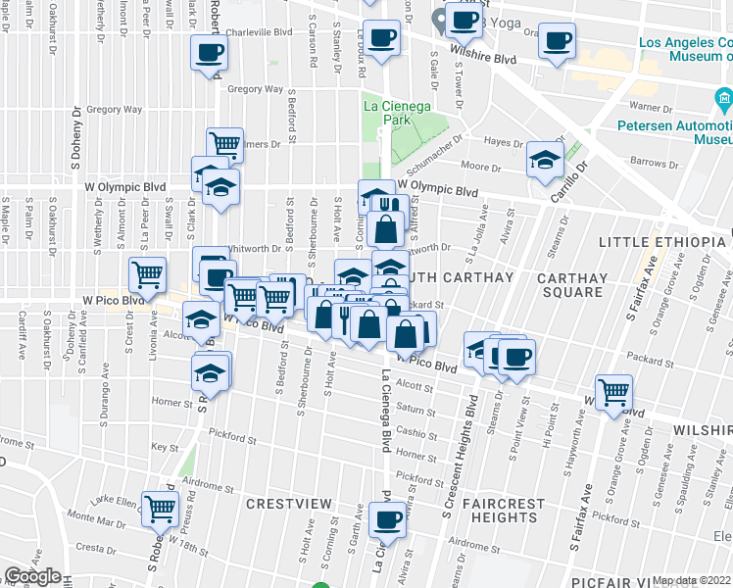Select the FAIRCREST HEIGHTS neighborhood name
pos(503,511)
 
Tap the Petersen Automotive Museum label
pos(674,132)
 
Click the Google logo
pos(32,576)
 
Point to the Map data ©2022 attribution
pos(692,580)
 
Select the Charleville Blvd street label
pos(259,31)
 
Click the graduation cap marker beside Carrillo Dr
pos(545,159)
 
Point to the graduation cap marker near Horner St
pos(212,371)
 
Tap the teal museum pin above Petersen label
pos(722,98)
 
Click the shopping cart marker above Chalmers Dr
pos(224,145)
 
